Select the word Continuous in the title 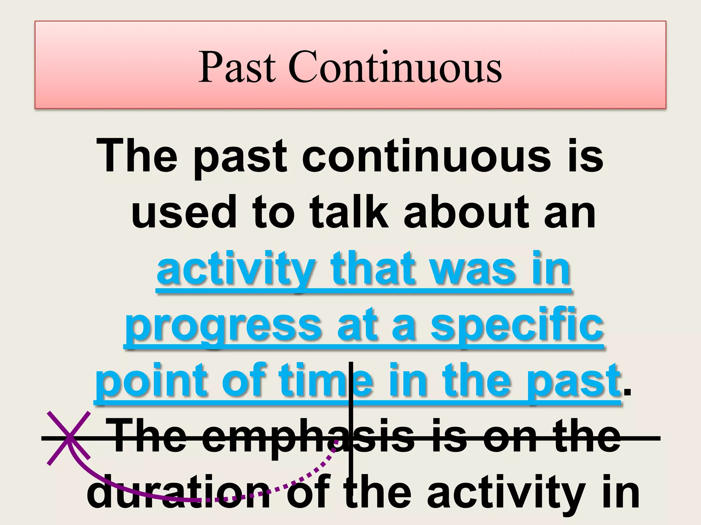[x=395, y=67]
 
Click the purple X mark [x=69, y=438]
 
